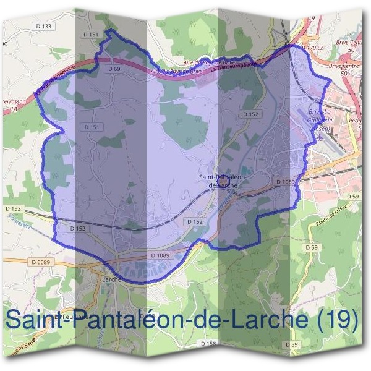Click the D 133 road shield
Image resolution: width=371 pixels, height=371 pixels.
(x=45, y=26)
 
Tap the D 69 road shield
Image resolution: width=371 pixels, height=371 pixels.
(x=113, y=69)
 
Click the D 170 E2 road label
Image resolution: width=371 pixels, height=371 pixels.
(x=312, y=47)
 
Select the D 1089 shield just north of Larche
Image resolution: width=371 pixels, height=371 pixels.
(x=160, y=255)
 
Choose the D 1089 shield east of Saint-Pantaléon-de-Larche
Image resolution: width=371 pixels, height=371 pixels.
(x=286, y=181)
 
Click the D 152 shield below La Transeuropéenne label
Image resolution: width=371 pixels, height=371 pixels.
(x=250, y=114)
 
